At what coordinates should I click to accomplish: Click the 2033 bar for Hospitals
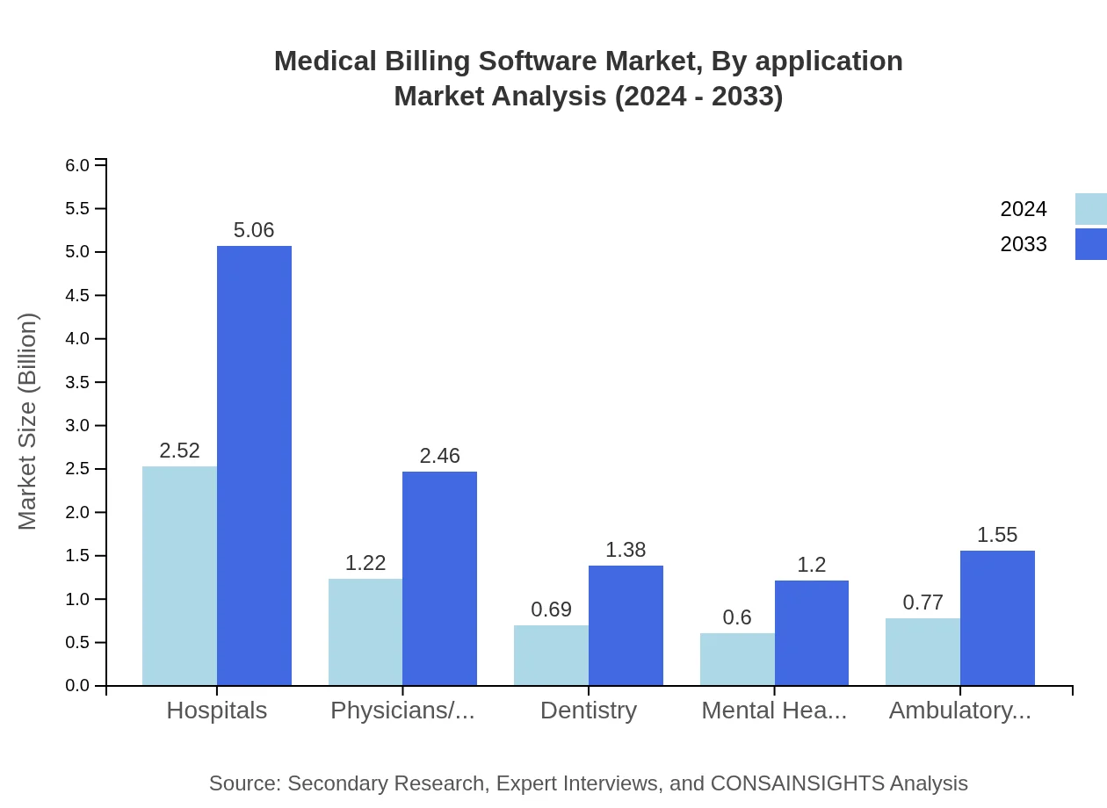pyautogui.click(x=254, y=465)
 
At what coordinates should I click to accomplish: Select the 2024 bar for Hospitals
pyautogui.click(x=179, y=575)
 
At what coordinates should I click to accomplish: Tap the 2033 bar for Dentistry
pyautogui.click(x=626, y=625)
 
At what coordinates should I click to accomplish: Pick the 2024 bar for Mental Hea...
pyautogui.click(x=737, y=659)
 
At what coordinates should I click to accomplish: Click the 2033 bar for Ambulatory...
pyautogui.click(x=997, y=617)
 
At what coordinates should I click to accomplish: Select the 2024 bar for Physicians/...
pyautogui.click(x=365, y=631)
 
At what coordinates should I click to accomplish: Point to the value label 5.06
pyautogui.click(x=254, y=230)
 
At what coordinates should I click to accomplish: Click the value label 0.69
pyautogui.click(x=551, y=610)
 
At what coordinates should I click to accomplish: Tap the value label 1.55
pyautogui.click(x=997, y=535)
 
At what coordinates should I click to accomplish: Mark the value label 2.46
pyautogui.click(x=439, y=456)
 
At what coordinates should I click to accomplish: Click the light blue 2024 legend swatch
pyautogui.click(x=1090, y=209)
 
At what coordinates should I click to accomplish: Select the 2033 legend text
pyautogui.click(x=1024, y=244)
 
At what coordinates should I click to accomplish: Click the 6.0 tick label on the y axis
pyautogui.click(x=77, y=165)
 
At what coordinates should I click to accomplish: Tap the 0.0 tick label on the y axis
pyautogui.click(x=77, y=686)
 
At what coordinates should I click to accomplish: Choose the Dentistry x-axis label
pyautogui.click(x=589, y=710)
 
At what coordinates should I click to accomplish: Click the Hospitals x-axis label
pyautogui.click(x=217, y=710)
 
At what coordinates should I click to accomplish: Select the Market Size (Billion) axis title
pyautogui.click(x=28, y=422)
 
